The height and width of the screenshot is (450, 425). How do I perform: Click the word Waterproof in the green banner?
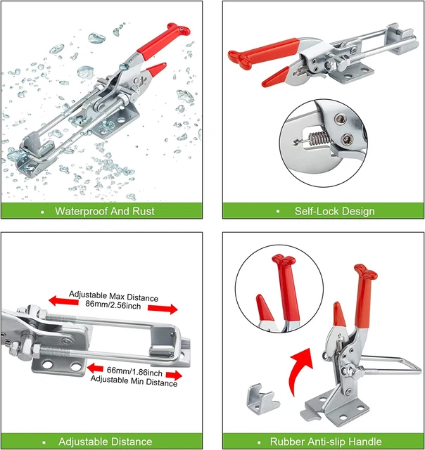tap(82, 211)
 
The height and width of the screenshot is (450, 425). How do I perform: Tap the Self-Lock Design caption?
tap(334, 211)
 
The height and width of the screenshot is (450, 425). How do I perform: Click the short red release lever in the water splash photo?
tap(153, 70)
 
